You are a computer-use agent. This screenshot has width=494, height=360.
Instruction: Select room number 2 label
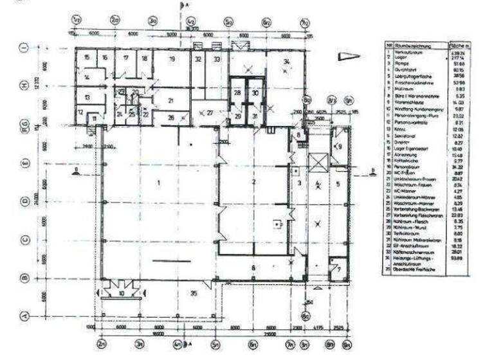(x=253, y=182)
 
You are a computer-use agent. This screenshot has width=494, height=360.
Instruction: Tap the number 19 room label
(x=172, y=59)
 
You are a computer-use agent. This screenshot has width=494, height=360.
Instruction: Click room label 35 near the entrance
(x=192, y=293)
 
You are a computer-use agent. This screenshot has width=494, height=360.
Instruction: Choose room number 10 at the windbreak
(x=121, y=293)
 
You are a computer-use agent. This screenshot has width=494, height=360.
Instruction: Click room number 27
(x=210, y=112)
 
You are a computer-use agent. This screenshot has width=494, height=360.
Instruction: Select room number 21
(x=170, y=101)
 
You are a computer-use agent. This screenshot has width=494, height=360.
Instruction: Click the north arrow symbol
(x=348, y=56)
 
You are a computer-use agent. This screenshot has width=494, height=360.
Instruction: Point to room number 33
(x=217, y=59)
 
